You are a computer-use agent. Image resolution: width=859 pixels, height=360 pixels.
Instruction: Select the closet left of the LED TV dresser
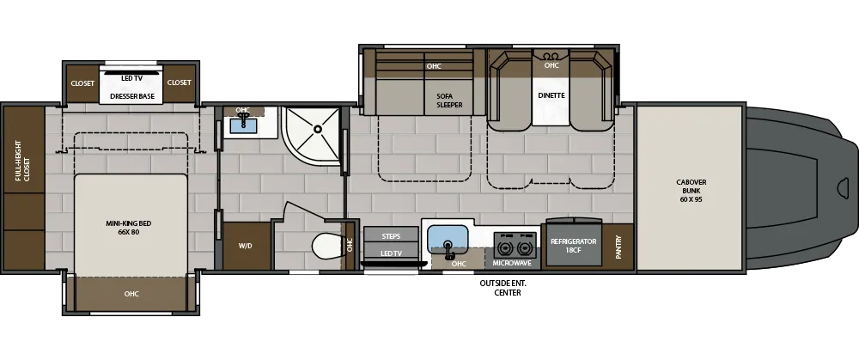[83, 82]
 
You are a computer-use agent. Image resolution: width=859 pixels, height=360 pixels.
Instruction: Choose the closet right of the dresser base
[180, 82]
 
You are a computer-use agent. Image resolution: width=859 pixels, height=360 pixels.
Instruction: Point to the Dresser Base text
[132, 96]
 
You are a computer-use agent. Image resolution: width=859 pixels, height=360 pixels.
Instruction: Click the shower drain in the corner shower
[317, 129]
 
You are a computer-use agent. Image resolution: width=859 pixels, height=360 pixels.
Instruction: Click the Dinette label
[551, 95]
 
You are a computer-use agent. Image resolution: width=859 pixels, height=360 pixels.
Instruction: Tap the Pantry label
[618, 247]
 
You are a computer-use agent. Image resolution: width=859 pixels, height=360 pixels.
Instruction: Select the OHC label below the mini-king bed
[131, 294]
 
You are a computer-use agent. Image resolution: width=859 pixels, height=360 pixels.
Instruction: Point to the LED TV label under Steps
[391, 253]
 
